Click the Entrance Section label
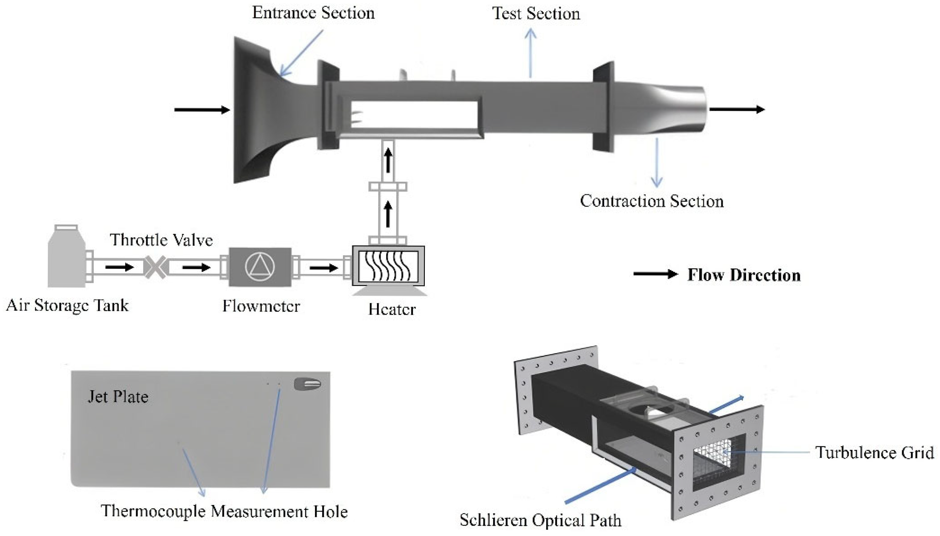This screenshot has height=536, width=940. point(313,13)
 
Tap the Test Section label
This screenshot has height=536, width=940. point(536,14)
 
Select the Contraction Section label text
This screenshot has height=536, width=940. point(651,201)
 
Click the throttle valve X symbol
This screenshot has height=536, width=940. point(155,267)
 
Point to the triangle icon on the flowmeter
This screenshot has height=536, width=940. point(260,267)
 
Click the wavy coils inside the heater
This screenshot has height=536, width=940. point(388,266)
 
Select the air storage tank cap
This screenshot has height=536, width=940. point(66,228)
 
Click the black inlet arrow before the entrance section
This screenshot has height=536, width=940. point(202,110)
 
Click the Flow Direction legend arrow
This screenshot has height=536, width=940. point(655,274)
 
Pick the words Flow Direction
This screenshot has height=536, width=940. point(743,275)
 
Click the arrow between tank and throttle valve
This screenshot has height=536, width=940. point(119,267)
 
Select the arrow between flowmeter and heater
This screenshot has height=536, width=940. point(323,268)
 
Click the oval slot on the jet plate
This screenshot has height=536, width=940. point(308,384)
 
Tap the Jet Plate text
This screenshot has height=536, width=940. point(118,397)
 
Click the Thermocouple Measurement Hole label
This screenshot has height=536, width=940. point(224,511)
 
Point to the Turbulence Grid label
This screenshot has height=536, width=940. point(874,453)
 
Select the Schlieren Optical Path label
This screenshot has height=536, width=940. point(540,520)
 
